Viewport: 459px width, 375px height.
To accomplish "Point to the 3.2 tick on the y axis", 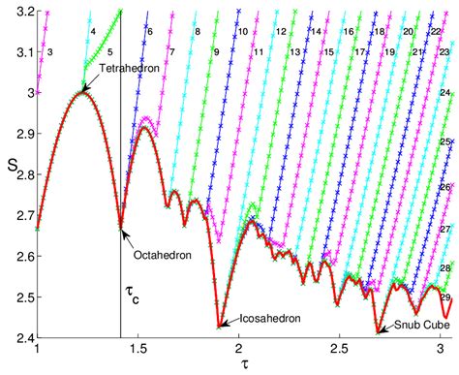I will click(19, 11).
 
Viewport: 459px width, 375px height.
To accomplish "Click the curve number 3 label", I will click(49, 49).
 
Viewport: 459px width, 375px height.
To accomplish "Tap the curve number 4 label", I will click(92, 32).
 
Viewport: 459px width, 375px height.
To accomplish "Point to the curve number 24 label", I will click(446, 92).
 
